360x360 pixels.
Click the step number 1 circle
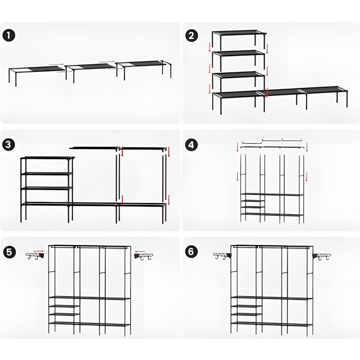[x=9, y=36]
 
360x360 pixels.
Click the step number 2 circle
[x=191, y=36]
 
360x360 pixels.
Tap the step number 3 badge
[x=8, y=145]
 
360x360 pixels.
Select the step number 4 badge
[x=191, y=145]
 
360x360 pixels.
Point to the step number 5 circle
[x=9, y=252]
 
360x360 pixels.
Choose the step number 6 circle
[x=191, y=252]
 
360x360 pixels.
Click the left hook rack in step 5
[x=35, y=256]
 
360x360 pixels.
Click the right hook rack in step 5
[x=144, y=256]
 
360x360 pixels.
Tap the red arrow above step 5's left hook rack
[x=38, y=251]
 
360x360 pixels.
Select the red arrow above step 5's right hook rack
[x=140, y=251]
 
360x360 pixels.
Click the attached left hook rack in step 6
[x=223, y=256]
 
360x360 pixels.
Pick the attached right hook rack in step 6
[x=321, y=256]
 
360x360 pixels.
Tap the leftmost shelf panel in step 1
[x=37, y=69]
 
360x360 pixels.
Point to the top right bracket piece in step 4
[x=292, y=140]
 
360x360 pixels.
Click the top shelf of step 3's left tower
[x=47, y=158]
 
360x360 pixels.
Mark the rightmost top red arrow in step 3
[x=169, y=152]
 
